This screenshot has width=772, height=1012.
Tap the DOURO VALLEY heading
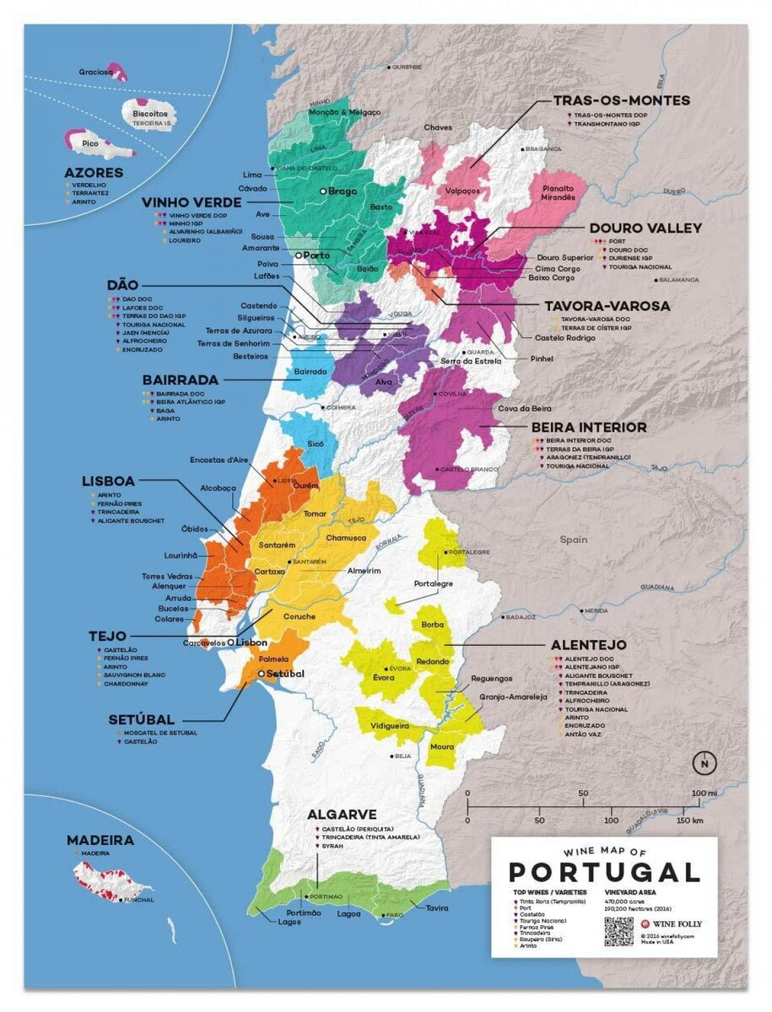tap(645, 228)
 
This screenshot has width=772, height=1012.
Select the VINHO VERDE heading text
tap(192, 202)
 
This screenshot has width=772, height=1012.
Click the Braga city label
tap(342, 191)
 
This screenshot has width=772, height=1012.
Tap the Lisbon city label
tap(251, 642)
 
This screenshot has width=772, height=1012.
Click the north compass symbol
tap(701, 764)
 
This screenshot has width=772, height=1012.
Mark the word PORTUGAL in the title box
tap(604, 871)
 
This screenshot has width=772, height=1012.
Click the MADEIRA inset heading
tap(100, 840)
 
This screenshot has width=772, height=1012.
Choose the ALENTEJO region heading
tap(588, 645)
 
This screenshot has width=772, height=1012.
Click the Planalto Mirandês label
tap(559, 192)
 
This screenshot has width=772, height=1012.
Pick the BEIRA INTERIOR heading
tap(589, 428)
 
